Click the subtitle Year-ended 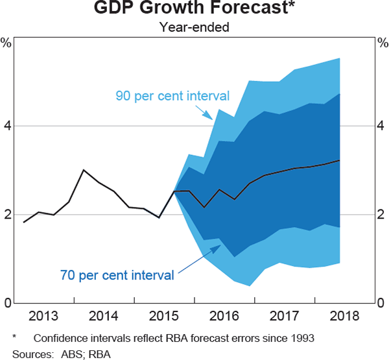point(194,27)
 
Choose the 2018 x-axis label point(348,316)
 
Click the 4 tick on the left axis point(6,126)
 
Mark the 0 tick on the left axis point(6,303)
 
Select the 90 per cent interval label point(172,96)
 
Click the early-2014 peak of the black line point(84,170)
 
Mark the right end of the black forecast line point(340,160)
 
